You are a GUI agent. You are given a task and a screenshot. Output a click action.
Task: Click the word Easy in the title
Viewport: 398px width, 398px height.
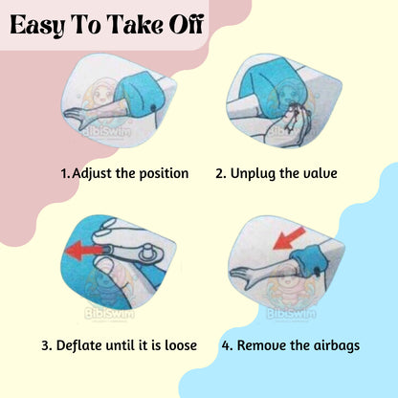(37, 26)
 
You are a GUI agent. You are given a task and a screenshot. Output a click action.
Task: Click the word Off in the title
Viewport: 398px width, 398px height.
(187, 24)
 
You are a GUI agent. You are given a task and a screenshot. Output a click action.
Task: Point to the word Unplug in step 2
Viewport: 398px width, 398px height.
(253, 174)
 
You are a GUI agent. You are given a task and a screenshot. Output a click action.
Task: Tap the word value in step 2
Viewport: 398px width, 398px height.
(320, 173)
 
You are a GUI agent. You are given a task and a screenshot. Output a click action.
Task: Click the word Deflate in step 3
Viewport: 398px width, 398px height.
(79, 345)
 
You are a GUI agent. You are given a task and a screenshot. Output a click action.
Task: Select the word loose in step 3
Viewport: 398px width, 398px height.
(181, 345)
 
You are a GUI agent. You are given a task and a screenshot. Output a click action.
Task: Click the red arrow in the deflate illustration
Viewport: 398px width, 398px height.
(84, 251)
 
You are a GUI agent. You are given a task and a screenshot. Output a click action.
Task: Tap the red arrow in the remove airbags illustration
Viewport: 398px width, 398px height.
(290, 238)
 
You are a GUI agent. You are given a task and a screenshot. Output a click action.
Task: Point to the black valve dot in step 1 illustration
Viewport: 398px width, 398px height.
(154, 109)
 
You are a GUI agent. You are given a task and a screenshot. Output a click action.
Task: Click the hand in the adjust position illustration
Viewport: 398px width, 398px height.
(78, 116)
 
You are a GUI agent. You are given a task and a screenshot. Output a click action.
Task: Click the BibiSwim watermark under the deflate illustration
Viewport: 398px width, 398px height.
(109, 314)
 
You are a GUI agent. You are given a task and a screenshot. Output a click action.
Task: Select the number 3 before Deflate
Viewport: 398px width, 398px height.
(46, 345)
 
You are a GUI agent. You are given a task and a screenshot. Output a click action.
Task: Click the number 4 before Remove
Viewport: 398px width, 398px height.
(227, 345)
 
